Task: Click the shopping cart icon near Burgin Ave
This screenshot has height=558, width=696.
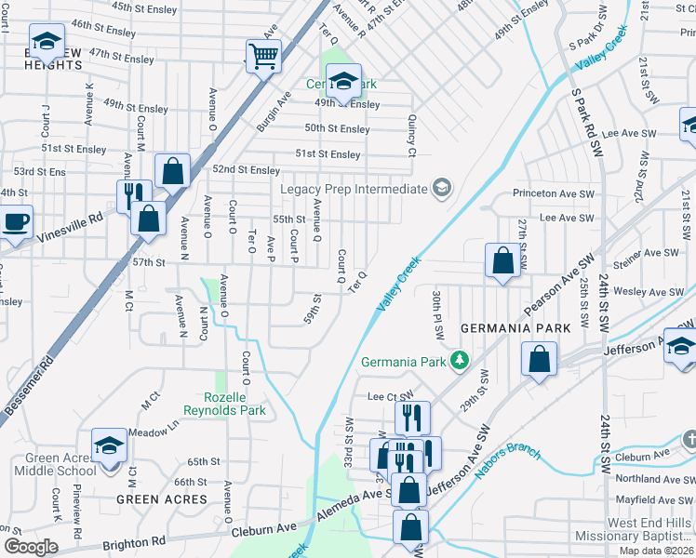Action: (264, 57)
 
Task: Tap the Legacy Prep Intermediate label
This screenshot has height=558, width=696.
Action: (355, 189)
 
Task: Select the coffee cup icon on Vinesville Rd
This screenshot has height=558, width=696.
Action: (16, 222)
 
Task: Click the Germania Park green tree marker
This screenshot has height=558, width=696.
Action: (458, 360)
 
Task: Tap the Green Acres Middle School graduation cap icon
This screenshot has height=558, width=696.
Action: (109, 445)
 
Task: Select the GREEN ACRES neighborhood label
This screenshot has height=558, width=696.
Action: (162, 499)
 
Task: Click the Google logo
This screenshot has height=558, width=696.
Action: (30, 547)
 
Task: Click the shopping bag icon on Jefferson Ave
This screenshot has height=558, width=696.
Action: (539, 359)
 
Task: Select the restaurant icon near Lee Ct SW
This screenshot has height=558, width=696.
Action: (411, 418)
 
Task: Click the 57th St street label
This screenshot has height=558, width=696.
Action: (148, 263)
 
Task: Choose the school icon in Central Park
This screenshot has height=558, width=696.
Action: (343, 82)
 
